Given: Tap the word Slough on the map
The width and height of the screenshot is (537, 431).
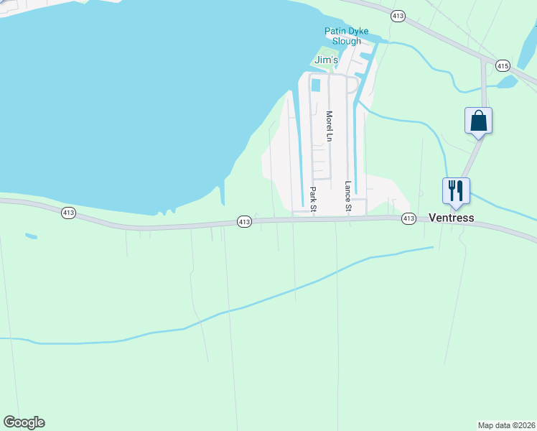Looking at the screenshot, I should [x=347, y=41].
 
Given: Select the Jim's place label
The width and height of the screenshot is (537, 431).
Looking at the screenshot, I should [x=326, y=60].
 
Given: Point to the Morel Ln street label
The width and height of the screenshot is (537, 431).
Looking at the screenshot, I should [x=329, y=125].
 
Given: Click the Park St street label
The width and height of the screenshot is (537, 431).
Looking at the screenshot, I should [x=313, y=199].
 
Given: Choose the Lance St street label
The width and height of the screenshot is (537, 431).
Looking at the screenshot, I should [x=348, y=196].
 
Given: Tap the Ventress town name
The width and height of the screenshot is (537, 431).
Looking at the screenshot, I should [x=451, y=218].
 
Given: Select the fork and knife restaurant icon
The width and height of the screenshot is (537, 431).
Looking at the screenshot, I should [x=455, y=190].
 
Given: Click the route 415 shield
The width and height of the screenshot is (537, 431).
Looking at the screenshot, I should [x=503, y=66].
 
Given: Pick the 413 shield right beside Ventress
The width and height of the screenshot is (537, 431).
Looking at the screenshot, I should [x=408, y=218].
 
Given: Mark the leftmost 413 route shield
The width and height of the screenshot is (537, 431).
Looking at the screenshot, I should [x=69, y=213].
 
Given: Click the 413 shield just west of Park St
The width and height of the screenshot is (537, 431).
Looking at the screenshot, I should [x=244, y=222].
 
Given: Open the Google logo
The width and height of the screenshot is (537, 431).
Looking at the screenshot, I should [x=24, y=422].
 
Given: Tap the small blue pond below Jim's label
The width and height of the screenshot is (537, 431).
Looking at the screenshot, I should [x=316, y=85].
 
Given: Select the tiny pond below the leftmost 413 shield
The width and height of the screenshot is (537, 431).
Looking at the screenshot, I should [x=30, y=236].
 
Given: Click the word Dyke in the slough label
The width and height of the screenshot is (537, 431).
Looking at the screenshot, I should [x=358, y=31].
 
